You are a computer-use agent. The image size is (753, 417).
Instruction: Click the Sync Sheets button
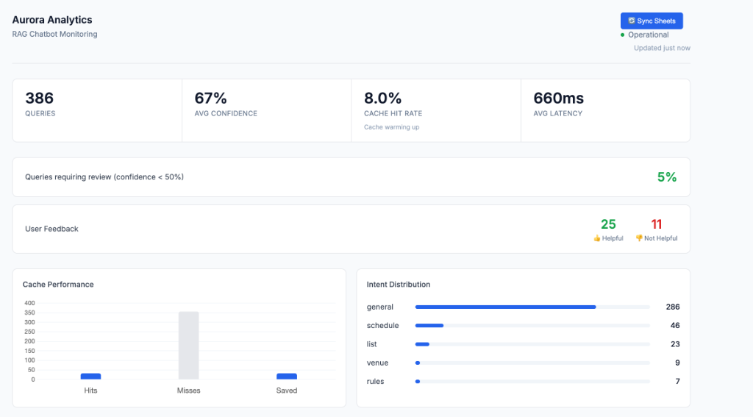652,21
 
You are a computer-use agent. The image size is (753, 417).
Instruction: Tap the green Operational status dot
622,35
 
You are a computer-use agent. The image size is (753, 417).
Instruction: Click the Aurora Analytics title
52,20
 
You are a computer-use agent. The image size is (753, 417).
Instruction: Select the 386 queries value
40,98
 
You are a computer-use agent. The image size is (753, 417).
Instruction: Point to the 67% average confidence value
210,98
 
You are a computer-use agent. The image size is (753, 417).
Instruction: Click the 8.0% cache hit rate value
383,98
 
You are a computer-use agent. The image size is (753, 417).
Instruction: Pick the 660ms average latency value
558,98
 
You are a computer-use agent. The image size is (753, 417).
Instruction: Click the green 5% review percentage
666,177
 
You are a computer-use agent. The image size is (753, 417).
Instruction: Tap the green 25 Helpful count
608,224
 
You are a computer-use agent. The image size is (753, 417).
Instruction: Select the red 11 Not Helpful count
657,224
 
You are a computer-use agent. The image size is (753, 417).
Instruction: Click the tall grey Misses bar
188,346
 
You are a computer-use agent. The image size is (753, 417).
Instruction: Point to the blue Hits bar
90,376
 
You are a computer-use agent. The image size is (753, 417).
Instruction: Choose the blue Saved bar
286,376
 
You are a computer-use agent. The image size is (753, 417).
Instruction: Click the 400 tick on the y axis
29,303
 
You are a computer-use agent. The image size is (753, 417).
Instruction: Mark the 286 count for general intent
672,307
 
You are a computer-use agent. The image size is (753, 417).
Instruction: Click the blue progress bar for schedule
429,325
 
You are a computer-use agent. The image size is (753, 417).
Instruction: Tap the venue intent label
377,363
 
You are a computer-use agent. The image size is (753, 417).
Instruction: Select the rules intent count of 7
677,381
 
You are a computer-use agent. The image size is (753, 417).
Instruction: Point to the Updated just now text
662,48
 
